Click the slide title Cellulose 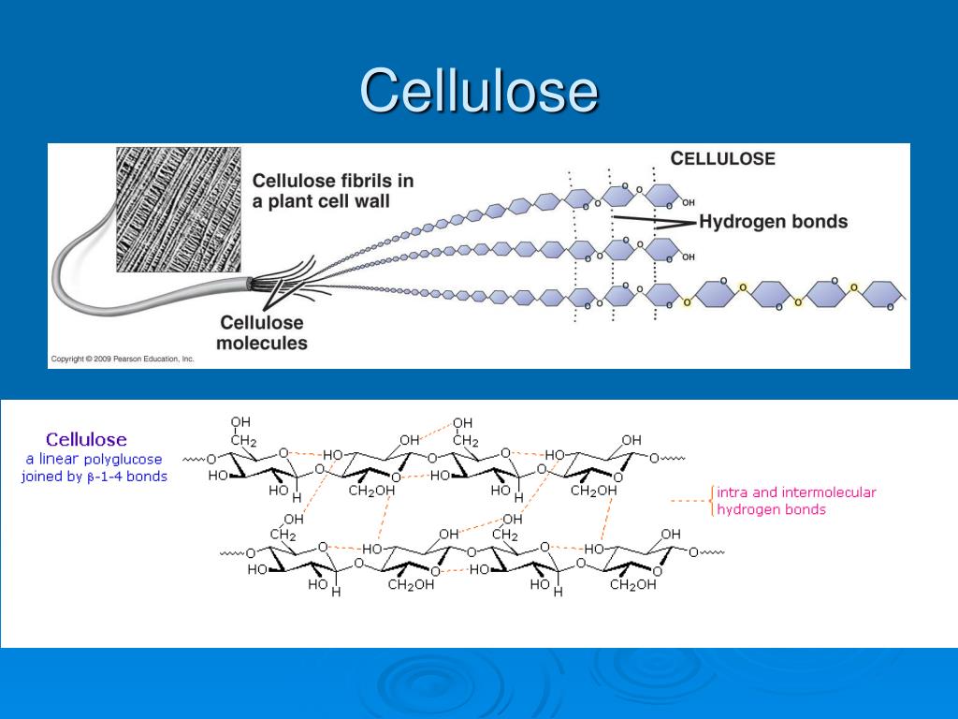click(478, 92)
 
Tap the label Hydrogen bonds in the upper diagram click(773, 222)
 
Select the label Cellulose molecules click(262, 332)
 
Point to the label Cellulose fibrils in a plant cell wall click(333, 190)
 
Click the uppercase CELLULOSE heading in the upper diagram click(722, 158)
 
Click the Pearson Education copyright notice click(123, 359)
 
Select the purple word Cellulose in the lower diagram click(87, 439)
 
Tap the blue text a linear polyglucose click(94, 459)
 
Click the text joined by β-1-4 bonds click(94, 477)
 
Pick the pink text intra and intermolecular click(796, 492)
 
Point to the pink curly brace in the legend click(713, 501)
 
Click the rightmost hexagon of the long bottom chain click(879, 293)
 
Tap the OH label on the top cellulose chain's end click(689, 202)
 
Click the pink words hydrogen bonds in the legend click(771, 510)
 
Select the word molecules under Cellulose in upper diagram click(262, 343)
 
